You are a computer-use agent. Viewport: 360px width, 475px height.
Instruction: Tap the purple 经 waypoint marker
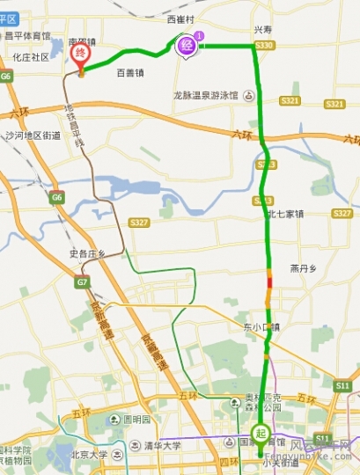click(187, 44)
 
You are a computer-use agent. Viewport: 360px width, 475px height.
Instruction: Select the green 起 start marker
click(261, 434)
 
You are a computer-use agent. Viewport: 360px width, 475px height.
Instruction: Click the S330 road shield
click(263, 45)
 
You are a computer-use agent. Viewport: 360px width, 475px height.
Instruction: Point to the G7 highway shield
click(82, 282)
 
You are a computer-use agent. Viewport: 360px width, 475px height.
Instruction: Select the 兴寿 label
click(264, 29)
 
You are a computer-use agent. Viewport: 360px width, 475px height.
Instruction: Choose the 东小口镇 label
click(262, 327)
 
